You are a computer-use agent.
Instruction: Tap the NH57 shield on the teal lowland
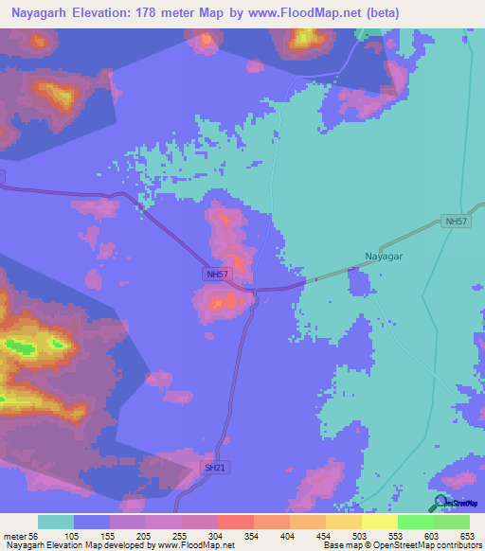point(457,222)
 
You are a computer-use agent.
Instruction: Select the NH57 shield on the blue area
point(216,275)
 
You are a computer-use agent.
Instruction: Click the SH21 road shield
point(217,468)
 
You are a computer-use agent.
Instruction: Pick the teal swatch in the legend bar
point(56,522)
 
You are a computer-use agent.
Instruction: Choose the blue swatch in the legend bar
point(92,522)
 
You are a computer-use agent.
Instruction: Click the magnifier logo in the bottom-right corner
point(440,504)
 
